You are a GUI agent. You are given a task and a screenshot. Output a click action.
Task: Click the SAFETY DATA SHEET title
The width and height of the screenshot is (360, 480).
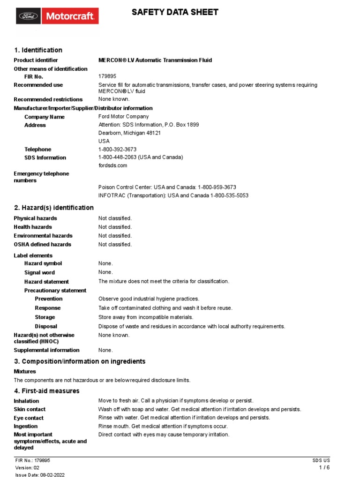click(x=175, y=12)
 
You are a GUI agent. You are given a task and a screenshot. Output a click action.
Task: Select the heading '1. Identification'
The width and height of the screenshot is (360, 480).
click(x=38, y=50)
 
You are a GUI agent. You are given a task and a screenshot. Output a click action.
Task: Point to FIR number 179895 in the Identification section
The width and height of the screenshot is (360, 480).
click(x=107, y=76)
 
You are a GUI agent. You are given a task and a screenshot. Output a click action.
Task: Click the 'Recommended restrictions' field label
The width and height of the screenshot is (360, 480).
click(x=48, y=99)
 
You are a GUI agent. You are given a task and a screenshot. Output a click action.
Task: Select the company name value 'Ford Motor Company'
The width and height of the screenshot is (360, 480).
click(x=123, y=117)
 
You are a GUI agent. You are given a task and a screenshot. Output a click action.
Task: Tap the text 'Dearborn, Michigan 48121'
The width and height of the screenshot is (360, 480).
click(x=129, y=133)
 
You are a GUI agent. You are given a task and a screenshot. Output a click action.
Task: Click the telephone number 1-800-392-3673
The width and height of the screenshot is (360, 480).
click(x=117, y=150)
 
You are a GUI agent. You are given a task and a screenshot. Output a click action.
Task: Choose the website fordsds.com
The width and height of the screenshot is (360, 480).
click(x=112, y=165)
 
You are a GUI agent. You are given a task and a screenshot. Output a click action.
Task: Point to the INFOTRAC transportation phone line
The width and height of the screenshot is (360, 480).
click(x=173, y=195)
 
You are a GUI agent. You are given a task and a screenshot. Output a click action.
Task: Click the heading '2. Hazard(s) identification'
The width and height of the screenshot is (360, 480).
click(x=53, y=208)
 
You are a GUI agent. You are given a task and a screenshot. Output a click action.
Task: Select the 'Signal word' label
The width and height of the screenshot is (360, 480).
click(x=39, y=272)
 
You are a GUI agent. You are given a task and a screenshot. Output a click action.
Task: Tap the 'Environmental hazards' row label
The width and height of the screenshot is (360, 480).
click(x=43, y=236)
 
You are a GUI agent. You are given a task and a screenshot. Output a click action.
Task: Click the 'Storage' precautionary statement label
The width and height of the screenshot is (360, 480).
click(x=45, y=317)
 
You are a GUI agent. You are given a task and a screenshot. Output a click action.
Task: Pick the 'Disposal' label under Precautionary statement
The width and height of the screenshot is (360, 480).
click(x=46, y=326)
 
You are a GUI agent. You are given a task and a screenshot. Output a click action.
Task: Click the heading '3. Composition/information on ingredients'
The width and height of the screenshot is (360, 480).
click(x=79, y=361)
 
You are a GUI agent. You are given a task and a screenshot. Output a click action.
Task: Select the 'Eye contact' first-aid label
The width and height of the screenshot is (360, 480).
click(x=29, y=418)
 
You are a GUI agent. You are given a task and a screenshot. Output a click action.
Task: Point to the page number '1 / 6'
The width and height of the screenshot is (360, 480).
click(x=324, y=468)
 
